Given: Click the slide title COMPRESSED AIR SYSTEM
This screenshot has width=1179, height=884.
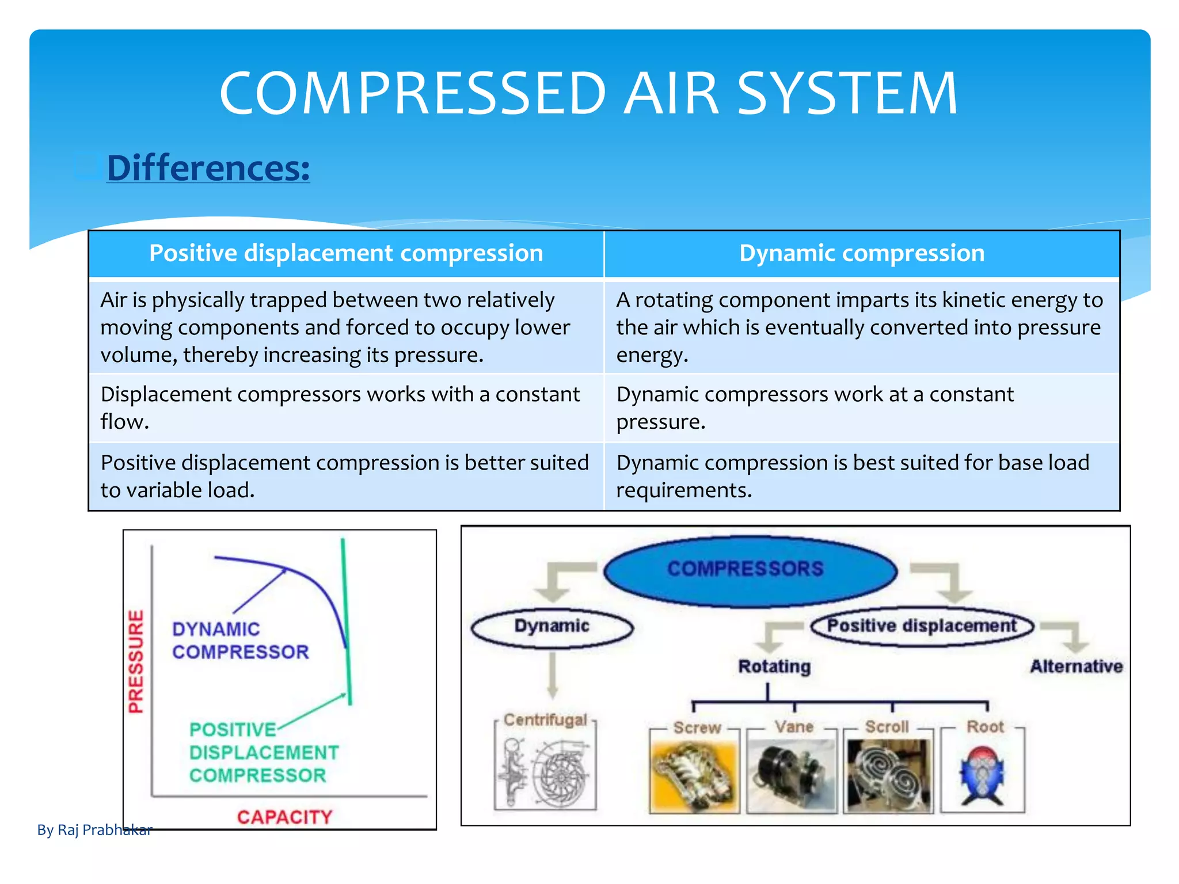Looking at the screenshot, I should click(588, 93).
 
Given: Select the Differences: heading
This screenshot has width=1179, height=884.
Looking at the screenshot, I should click(208, 168).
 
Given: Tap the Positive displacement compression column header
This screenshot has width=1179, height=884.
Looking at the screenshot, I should click(346, 253).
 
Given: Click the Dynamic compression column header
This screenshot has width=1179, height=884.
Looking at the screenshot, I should click(861, 253).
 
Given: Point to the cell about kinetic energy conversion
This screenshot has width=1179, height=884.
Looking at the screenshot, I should click(860, 327).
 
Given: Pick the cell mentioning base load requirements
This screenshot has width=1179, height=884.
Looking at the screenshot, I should click(853, 476).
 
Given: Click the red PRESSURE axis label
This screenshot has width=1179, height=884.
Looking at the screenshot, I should click(136, 661).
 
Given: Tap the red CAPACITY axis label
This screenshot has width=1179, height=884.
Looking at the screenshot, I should click(284, 817).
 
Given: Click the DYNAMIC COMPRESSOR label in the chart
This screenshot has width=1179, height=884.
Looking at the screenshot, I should click(239, 640).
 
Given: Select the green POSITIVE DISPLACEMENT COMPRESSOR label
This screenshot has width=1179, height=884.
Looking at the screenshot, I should click(263, 752).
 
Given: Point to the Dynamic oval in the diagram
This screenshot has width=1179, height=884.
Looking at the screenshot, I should click(552, 627).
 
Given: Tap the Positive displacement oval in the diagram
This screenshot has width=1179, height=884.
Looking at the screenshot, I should click(921, 626).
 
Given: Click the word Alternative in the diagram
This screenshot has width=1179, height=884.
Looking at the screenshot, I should click(1075, 666).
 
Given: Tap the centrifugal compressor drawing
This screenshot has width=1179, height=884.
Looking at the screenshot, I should click(545, 771).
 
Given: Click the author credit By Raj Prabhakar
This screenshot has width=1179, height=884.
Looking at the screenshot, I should click(94, 829).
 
